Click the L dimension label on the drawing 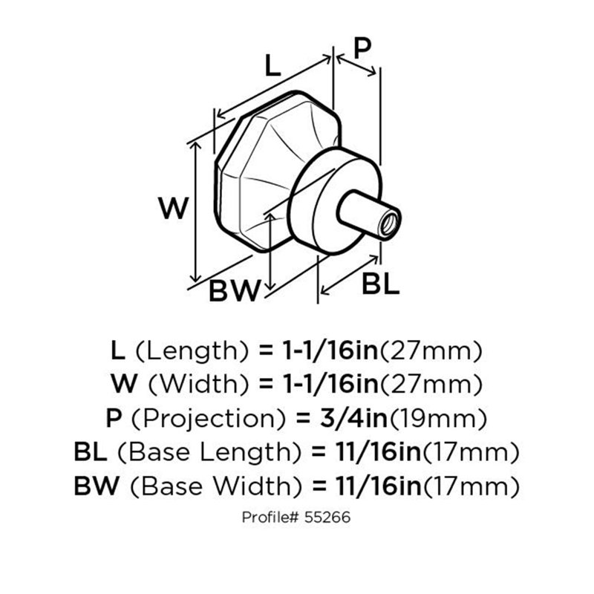coord(272,65)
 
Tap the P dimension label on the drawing coord(362,48)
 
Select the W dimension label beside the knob coord(174,208)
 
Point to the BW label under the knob coord(235,290)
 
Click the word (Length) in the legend coord(192,351)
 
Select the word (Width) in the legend coord(199,385)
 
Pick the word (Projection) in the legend coord(209,419)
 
